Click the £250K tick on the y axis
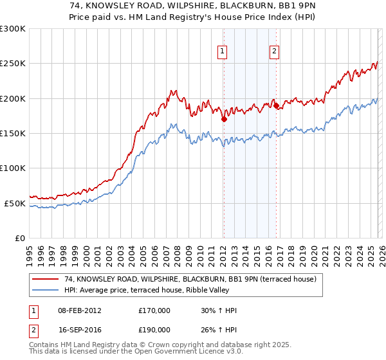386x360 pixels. coord(14,64)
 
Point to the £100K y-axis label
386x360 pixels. coord(14,168)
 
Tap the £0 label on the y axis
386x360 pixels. coord(20,238)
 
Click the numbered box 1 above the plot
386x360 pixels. coord(222,52)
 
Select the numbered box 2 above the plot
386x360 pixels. coord(274,52)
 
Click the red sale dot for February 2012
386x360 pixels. coord(223,119)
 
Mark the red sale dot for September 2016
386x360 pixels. coord(275,105)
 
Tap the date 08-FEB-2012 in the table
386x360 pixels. coord(79,311)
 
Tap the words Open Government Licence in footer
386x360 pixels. coord(181,352)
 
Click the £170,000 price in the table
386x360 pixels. coord(154,311)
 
